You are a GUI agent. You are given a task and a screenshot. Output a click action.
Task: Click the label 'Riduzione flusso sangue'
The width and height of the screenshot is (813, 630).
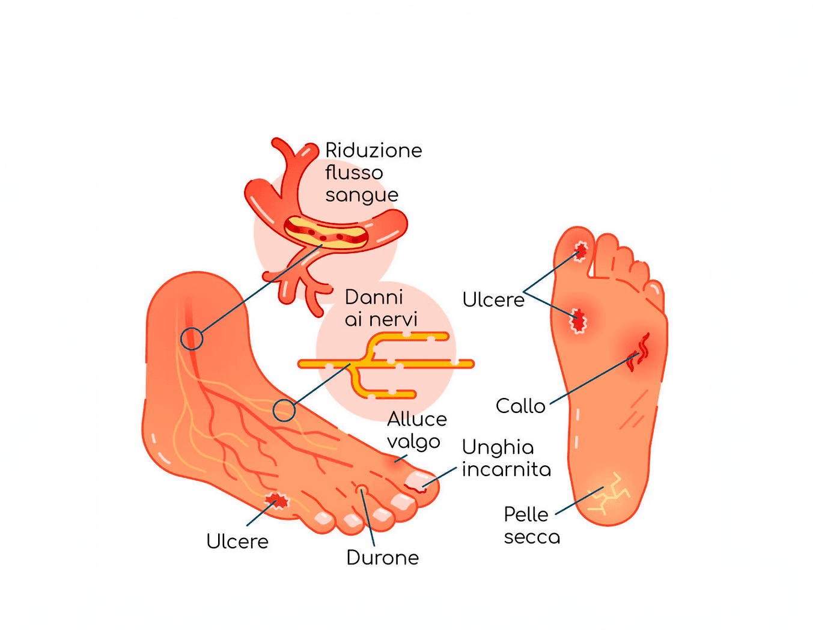pos(373,173)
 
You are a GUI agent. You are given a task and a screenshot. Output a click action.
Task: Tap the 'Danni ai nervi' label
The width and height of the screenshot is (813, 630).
pos(381,308)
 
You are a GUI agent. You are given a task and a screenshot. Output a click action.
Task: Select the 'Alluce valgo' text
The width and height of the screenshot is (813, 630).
pos(416,430)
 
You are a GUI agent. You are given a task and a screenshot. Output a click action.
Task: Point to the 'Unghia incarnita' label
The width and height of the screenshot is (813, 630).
pos(506,458)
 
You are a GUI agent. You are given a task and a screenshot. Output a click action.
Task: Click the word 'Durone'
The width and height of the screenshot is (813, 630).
pos(382,558)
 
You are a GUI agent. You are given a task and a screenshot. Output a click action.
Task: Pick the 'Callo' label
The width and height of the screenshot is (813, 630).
pos(520,406)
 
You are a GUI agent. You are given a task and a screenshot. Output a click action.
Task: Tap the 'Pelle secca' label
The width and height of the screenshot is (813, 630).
pos(531,525)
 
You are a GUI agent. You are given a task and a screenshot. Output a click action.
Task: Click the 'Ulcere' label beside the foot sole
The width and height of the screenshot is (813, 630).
pos(493,299)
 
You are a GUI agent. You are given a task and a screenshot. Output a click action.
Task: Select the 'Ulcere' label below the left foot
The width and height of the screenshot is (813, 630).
pos(237,542)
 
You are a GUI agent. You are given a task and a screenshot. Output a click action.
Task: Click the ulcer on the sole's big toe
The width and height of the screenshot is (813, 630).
pos(581,250)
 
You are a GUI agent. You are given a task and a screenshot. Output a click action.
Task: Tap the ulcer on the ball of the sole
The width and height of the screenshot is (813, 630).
pos(578,322)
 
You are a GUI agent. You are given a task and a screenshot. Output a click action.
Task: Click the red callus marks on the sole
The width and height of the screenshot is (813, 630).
pos(639,353)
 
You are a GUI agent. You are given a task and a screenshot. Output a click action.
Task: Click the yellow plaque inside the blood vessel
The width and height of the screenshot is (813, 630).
pos(324,231)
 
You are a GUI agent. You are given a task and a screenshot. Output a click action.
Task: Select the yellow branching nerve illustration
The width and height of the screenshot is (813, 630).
pos(385,364)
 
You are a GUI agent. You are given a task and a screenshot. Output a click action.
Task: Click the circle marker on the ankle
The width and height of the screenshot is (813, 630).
pos(192,339)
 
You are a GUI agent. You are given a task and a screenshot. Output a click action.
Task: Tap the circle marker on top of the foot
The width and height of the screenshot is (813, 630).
pos(284,411)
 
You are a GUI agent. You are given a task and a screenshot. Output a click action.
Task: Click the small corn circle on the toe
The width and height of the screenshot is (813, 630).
pos(362,489)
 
